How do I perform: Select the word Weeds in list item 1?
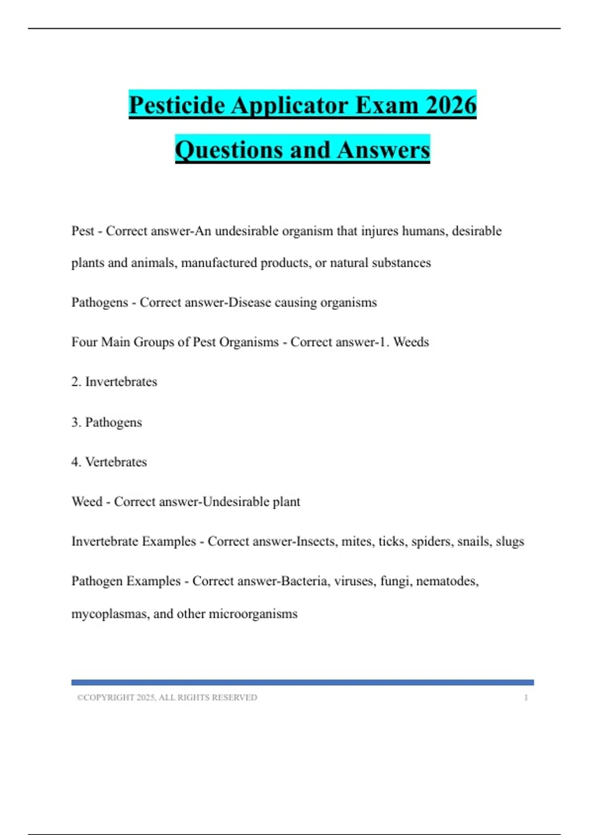tap(411, 342)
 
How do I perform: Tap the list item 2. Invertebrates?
tap(114, 382)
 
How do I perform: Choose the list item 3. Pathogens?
tap(107, 422)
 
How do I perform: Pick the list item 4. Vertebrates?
tap(109, 462)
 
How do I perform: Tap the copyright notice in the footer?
tap(167, 697)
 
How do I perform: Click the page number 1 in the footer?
tap(526, 697)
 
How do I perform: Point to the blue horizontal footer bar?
tap(302, 682)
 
